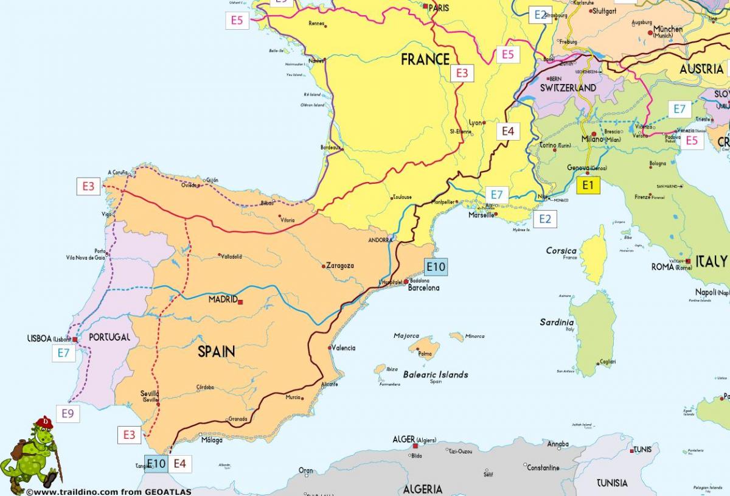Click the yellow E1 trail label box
point(588,185)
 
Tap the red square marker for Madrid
point(240,301)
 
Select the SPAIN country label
point(217,351)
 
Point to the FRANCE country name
point(425,60)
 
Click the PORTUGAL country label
point(109,337)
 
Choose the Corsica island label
point(561,251)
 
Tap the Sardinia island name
point(557,322)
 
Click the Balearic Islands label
point(436,374)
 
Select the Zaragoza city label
point(340,265)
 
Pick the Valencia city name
point(342,348)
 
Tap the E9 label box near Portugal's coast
point(68,414)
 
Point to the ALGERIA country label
point(423,489)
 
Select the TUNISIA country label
point(612,483)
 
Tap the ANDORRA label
point(381,240)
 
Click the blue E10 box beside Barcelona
point(436,267)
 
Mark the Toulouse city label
point(402,197)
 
